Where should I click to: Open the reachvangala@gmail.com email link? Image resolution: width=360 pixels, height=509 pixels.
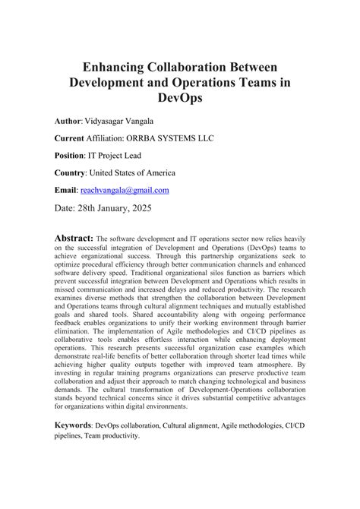tap(128, 190)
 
